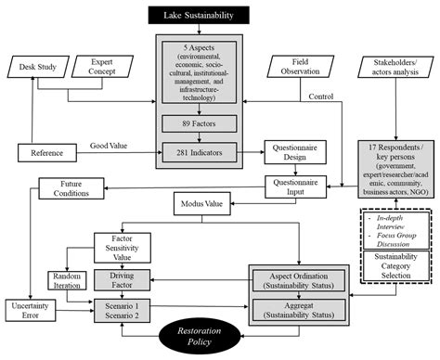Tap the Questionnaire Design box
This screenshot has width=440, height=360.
tap(295, 152)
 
